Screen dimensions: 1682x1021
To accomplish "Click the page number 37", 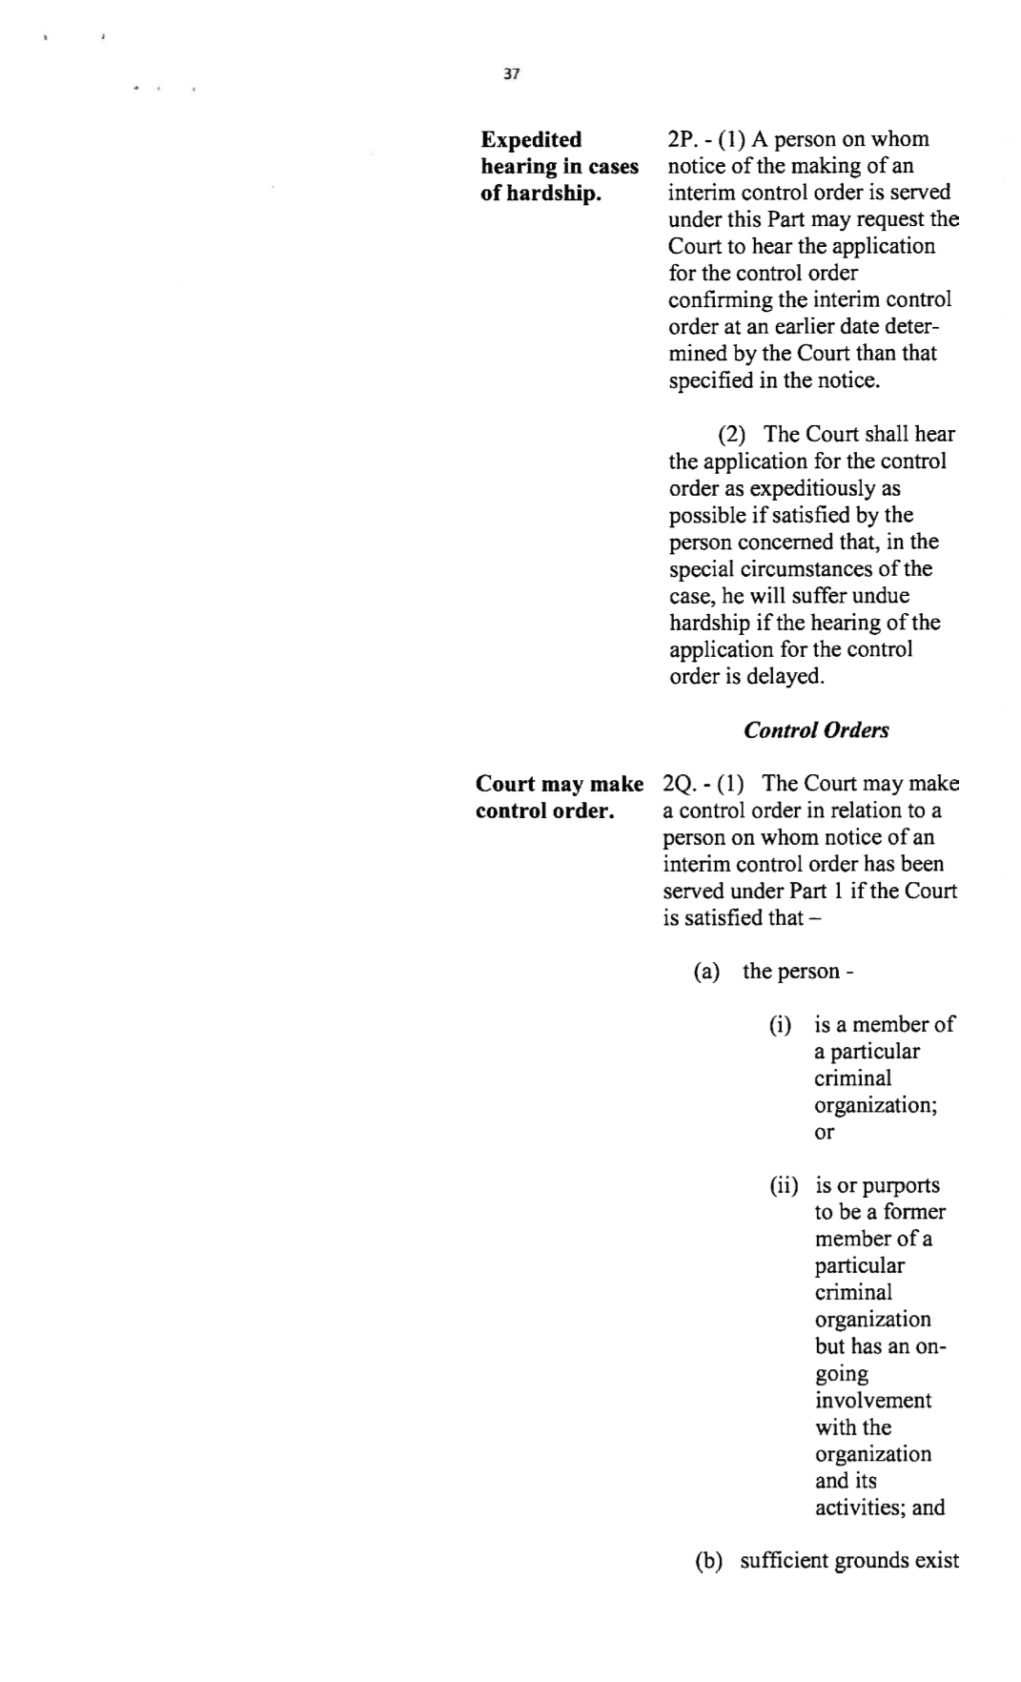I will click(511, 74).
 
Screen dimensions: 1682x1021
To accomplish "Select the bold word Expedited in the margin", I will click(531, 139).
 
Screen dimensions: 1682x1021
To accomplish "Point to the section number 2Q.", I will click(678, 784).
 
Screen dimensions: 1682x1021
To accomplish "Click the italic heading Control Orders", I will click(816, 730).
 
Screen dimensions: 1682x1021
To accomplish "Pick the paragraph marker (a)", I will click(706, 972).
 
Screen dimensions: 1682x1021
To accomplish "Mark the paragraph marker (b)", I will click(708, 1562).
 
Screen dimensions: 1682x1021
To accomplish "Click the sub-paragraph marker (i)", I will click(781, 1025).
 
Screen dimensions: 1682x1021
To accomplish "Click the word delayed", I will click(786, 677).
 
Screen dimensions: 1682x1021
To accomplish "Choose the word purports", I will click(901, 1186).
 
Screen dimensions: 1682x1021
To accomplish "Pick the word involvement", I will click(873, 1401).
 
